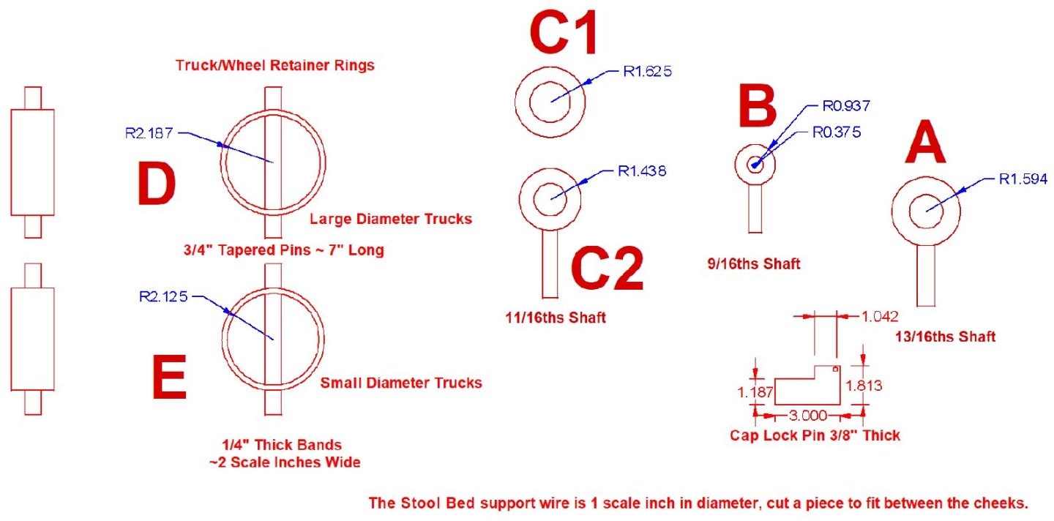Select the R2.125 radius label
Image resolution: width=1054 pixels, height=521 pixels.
[163, 296]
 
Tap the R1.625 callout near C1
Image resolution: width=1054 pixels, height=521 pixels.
[647, 72]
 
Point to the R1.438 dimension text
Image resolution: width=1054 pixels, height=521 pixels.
[642, 171]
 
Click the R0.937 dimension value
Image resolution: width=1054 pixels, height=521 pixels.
[846, 106]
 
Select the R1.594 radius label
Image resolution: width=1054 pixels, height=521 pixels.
[1023, 178]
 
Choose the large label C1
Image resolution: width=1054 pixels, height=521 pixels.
[564, 33]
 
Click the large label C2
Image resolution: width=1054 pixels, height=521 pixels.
[607, 269]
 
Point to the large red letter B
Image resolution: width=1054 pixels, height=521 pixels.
[757, 107]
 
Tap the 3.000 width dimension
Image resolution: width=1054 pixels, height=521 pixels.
[807, 416]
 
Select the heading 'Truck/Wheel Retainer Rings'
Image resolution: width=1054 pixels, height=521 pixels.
[274, 65]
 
